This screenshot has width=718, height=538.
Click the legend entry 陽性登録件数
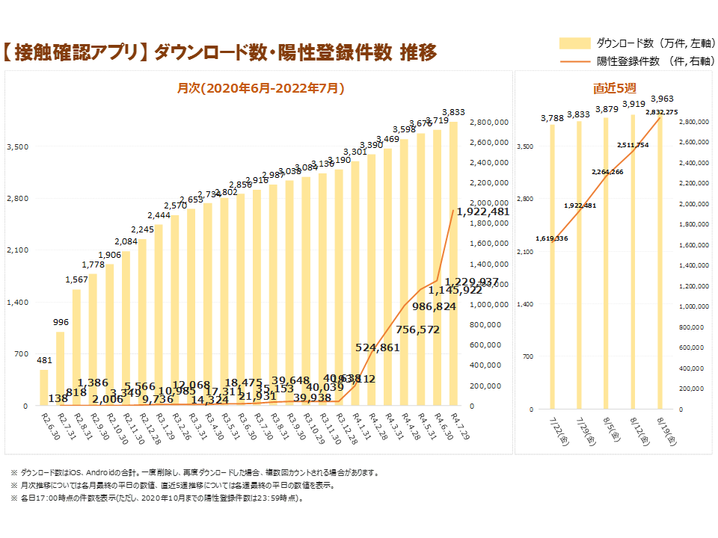(x=628, y=61)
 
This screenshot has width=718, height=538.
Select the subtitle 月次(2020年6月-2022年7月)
(x=260, y=88)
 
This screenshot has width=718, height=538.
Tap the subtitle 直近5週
(x=610, y=88)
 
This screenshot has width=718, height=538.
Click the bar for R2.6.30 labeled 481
(x=44, y=388)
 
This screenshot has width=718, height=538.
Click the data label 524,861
(x=378, y=347)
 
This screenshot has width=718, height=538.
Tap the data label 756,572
(x=418, y=330)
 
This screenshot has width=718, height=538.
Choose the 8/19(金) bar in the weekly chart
(x=660, y=262)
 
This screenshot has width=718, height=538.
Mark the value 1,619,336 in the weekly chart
(x=552, y=238)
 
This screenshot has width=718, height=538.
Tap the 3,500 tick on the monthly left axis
(x=17, y=146)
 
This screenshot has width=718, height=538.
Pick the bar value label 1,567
(x=77, y=279)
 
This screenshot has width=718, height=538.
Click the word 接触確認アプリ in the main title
(x=78, y=53)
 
